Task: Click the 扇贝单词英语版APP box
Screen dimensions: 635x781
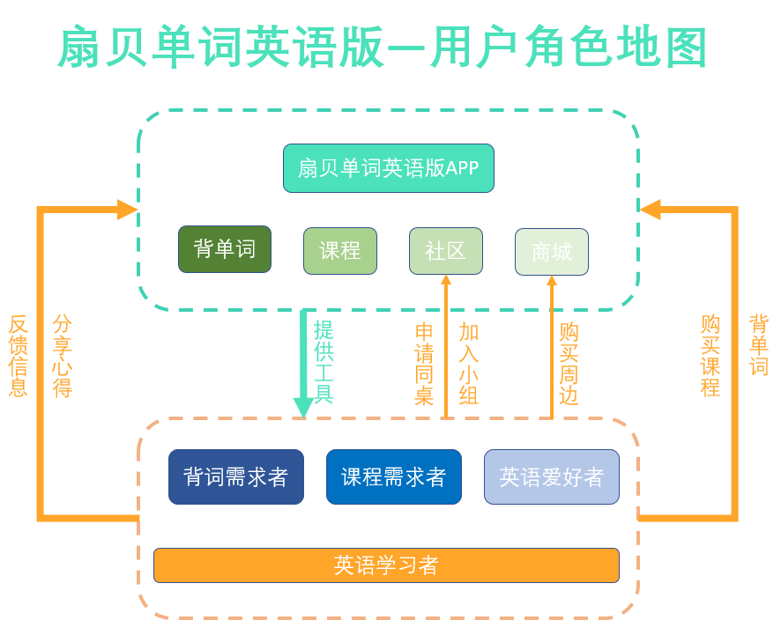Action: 388,168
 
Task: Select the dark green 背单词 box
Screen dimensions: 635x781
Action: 225,249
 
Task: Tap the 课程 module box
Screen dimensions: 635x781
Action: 340,251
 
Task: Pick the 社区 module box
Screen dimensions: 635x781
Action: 445,251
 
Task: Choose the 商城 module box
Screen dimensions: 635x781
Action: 552,252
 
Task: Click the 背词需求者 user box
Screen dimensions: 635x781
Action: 236,477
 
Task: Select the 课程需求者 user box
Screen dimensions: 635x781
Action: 394,477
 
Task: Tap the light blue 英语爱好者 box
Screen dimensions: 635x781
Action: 552,477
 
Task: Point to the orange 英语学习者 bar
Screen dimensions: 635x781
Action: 386,565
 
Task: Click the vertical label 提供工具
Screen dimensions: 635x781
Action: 324,363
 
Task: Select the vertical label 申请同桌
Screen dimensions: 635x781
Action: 424,365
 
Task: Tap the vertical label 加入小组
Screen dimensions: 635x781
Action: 468,365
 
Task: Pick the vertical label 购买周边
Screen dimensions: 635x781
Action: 569,365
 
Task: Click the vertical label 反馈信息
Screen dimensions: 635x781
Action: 19,356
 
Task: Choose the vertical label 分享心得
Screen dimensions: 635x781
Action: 63,356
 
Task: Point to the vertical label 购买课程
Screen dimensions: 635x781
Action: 710,356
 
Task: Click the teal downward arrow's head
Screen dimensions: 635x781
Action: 303,410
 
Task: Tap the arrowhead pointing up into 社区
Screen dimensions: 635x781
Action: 446,280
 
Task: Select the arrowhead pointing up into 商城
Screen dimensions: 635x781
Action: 552,281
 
